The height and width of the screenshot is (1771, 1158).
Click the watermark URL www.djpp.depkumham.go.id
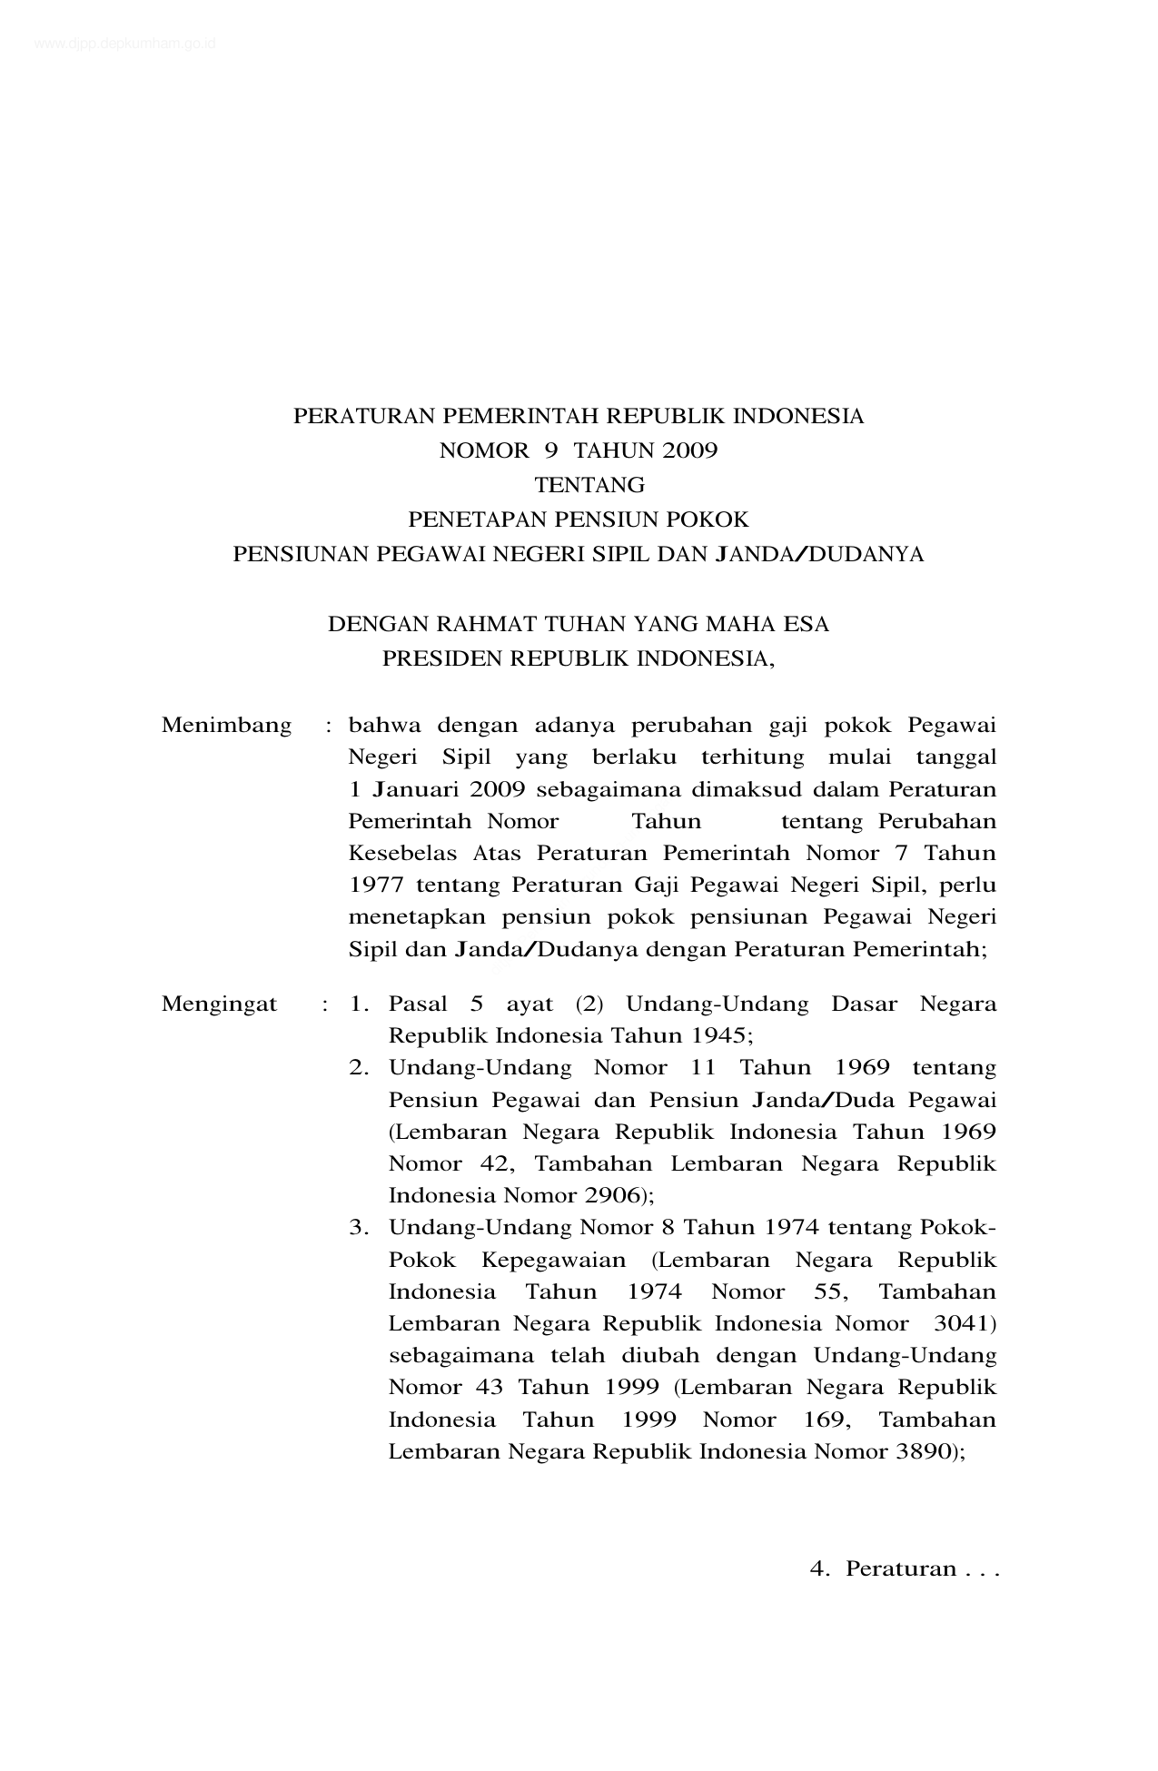125,43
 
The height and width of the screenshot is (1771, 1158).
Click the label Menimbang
226,725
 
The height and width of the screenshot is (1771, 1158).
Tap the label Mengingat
219,1004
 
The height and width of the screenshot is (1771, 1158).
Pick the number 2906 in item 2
612,1195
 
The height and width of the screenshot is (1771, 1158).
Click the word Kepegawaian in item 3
553,1260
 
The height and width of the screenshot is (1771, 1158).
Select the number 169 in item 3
822,1419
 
